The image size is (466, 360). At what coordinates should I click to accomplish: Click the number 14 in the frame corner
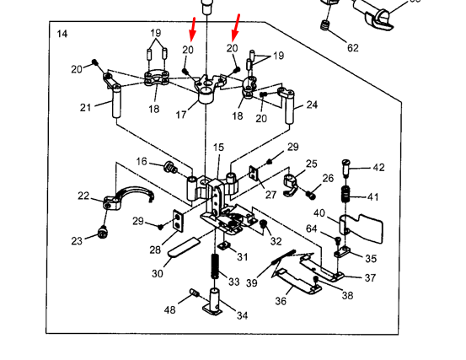tap(62, 34)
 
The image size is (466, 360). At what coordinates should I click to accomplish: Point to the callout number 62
tap(353, 47)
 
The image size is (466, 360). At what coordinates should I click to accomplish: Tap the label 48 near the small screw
tap(169, 310)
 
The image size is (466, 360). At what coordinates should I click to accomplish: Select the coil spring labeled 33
tap(216, 266)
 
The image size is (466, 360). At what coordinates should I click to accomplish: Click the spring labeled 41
tap(345, 194)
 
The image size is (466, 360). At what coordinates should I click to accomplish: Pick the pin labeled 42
tap(346, 168)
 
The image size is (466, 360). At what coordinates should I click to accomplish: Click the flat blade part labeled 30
tap(183, 246)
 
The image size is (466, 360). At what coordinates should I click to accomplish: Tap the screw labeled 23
tap(102, 232)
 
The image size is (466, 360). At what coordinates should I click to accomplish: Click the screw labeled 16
tap(170, 167)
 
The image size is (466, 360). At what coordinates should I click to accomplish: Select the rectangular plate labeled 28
tap(179, 220)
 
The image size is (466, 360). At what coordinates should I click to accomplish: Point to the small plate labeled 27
tap(254, 173)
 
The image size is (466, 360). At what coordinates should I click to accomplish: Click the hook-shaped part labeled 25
tap(291, 185)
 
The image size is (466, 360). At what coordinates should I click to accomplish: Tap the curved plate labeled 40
tap(361, 228)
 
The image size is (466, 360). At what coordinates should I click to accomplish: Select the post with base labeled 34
tap(214, 302)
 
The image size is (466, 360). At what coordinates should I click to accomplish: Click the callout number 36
tap(281, 301)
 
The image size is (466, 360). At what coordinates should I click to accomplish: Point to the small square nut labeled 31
tap(224, 245)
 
